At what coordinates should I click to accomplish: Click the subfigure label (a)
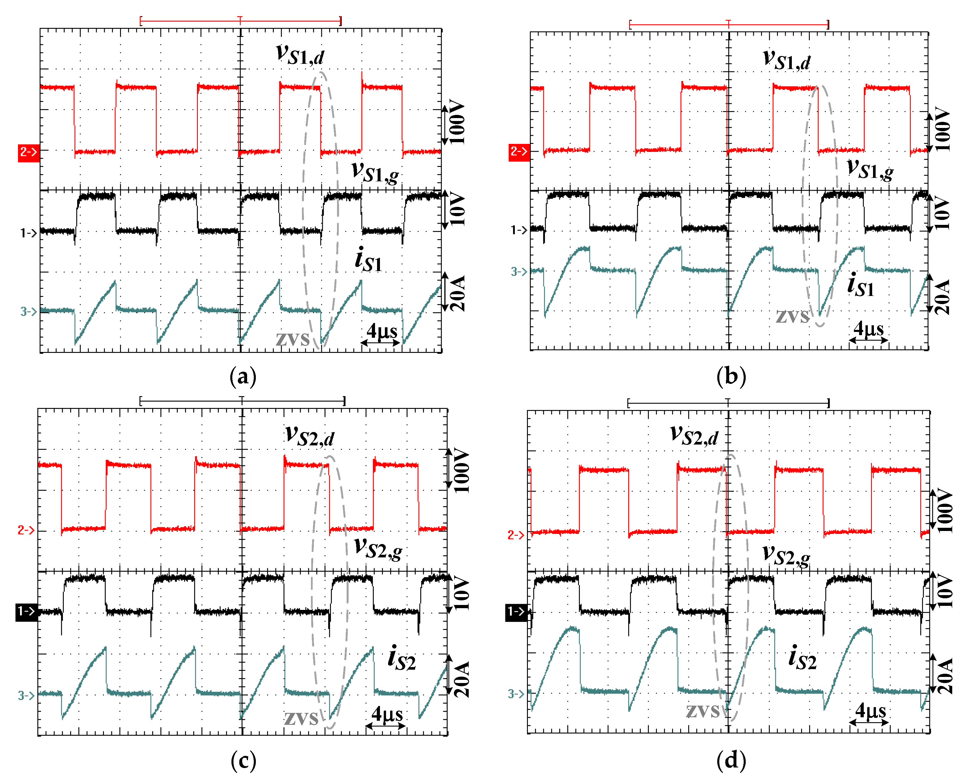tap(243, 377)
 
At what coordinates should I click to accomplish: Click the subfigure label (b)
tap(731, 377)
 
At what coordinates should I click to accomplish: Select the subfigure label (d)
tap(731, 761)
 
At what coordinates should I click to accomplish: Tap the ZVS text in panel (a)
tap(293, 339)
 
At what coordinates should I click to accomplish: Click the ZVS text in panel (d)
tap(702, 712)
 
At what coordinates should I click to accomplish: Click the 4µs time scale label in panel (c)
tap(387, 714)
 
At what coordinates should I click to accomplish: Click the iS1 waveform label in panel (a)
tap(368, 260)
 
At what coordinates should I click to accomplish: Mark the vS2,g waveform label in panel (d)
tap(786, 554)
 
